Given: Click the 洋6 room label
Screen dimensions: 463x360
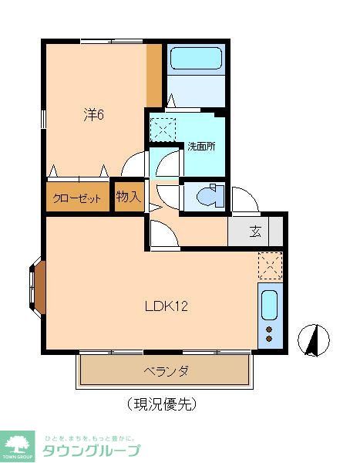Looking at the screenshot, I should click(93, 115).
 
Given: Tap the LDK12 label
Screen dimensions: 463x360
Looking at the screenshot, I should click(167, 306).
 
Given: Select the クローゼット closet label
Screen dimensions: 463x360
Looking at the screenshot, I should click(78, 198).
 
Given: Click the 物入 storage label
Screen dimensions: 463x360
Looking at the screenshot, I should click(129, 197).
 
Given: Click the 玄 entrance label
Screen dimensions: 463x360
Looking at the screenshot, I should click(255, 231).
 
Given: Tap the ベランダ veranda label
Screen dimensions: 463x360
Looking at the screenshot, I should click(166, 371).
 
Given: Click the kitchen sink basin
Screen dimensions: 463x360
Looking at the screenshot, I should click(269, 306).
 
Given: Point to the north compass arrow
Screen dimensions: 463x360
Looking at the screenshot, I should click(313, 340).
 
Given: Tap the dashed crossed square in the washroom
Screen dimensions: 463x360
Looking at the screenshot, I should click(163, 128).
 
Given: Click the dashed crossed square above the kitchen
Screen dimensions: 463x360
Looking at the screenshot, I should click(270, 265).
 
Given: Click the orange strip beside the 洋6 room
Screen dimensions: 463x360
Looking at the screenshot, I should click(155, 75).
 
